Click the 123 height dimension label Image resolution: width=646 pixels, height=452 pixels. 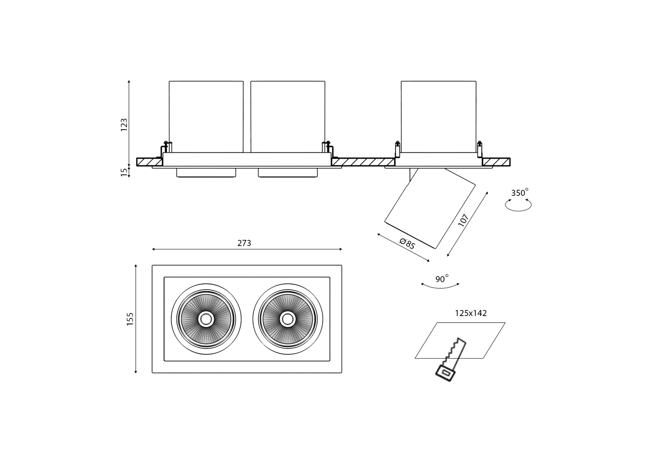coord(124,125)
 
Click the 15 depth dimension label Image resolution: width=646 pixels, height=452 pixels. coord(124,172)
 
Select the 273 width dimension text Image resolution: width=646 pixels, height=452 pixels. coord(244,243)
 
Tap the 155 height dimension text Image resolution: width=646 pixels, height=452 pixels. coord(130,319)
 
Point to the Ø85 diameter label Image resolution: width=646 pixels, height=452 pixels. coord(407,243)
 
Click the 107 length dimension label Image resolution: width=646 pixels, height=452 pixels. coord(463,220)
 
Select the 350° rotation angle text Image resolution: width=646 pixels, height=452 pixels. coord(520,193)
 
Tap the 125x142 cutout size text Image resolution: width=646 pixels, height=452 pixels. coord(471,313)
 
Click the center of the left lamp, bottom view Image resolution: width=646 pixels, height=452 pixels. coord(206,319)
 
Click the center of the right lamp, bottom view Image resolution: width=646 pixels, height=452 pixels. coord(287,319)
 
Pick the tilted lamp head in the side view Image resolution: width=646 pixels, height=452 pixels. coord(430,208)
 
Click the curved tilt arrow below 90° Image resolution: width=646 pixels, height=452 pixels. coord(440,286)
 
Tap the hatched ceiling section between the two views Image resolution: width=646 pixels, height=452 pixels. coord(363,162)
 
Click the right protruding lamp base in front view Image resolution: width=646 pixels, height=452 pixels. coord(288,172)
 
